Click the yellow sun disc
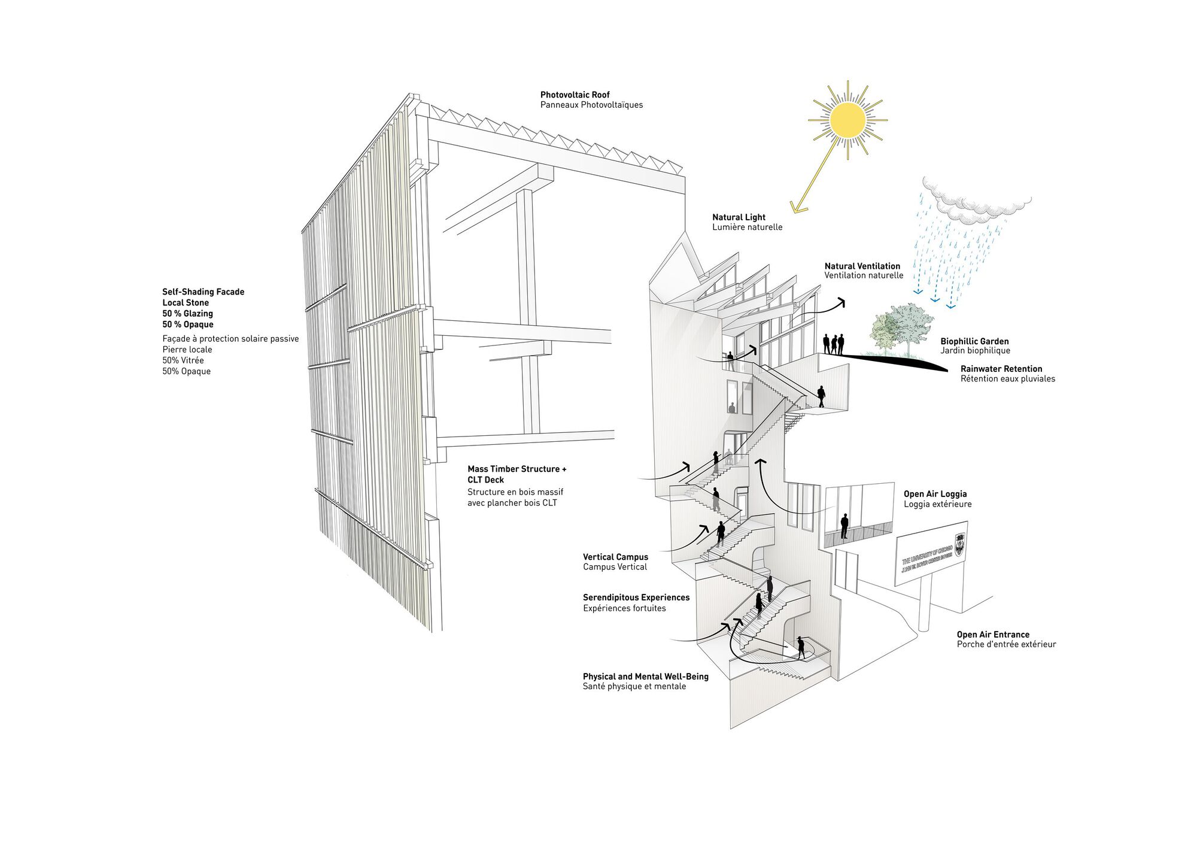847,120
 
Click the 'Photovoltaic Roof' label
575,95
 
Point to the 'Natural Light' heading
739,217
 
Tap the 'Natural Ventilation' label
862,266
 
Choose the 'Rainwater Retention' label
1001,369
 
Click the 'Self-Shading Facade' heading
203,292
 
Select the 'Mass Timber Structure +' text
517,469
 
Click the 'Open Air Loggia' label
935,494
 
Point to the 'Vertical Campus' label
615,557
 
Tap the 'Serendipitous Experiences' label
636,598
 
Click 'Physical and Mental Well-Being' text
645,677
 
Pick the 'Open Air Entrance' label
993,635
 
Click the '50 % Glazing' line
187,313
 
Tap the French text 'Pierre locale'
187,350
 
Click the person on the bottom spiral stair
801,647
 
